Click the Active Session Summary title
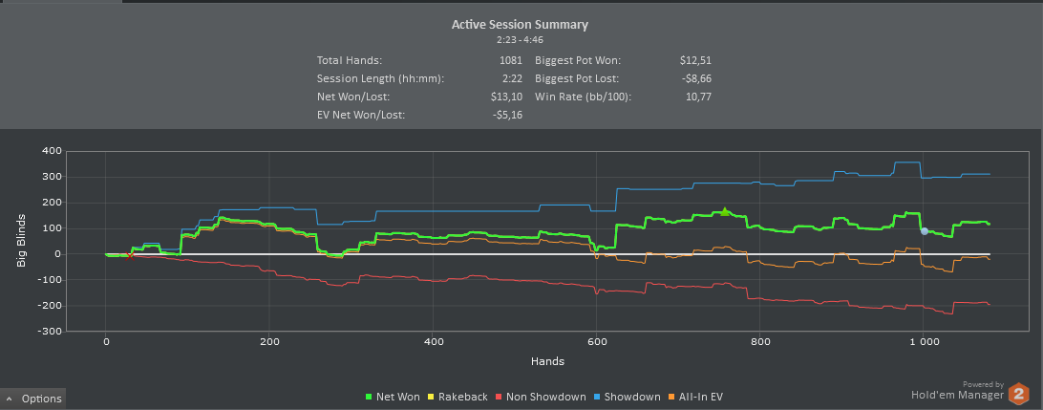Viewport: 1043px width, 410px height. (520, 24)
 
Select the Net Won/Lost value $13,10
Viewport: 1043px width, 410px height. (505, 97)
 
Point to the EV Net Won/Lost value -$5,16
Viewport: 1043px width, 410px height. (504, 115)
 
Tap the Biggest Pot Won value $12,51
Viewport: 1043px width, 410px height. (694, 60)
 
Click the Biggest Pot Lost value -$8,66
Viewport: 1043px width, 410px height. (693, 78)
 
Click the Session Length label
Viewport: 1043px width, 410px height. (380, 78)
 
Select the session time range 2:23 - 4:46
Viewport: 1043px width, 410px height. (520, 40)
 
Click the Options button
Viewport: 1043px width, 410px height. (33, 399)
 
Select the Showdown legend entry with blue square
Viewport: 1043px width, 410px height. (627, 397)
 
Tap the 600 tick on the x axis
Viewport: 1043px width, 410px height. (597, 342)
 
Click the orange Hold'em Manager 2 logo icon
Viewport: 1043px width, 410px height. (1019, 393)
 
